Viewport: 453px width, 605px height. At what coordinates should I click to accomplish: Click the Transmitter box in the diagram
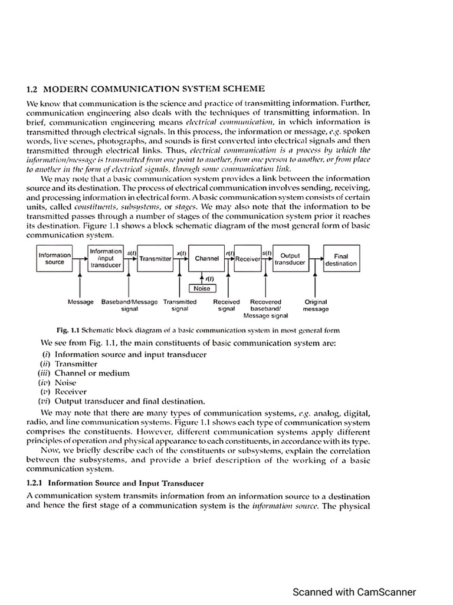[155, 259]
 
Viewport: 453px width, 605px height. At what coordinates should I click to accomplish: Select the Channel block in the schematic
[206, 259]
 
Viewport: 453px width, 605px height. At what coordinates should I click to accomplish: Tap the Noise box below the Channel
[202, 288]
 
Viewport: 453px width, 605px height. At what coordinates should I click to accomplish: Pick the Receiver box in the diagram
[248, 259]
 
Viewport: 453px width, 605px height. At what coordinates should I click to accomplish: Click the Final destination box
[341, 259]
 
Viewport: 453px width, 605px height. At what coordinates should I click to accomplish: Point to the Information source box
[54, 259]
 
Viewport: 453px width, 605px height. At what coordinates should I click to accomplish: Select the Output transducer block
[290, 259]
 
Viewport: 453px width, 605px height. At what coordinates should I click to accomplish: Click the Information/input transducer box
[106, 259]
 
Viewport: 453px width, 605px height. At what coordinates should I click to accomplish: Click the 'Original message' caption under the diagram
[316, 305]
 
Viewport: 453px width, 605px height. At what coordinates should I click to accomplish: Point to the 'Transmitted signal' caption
[179, 305]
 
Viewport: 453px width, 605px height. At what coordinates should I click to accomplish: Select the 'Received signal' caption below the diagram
[226, 305]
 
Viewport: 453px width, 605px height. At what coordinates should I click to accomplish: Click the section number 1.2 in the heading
[32, 89]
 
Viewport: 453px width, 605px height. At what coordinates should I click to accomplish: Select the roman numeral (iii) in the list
[45, 373]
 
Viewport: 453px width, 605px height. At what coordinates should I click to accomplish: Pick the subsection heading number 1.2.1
[37, 483]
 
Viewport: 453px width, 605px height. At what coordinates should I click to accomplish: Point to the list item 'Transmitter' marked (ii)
[76, 364]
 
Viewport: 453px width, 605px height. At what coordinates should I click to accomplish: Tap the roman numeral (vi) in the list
[45, 401]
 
